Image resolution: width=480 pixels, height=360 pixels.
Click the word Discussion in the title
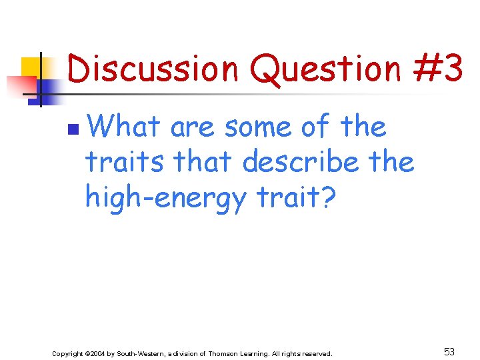tap(153, 70)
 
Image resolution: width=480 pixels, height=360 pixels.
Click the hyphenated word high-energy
tap(166, 199)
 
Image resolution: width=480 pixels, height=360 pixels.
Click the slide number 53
tap(449, 352)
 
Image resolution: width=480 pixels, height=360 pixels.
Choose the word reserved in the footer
tap(315, 353)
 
